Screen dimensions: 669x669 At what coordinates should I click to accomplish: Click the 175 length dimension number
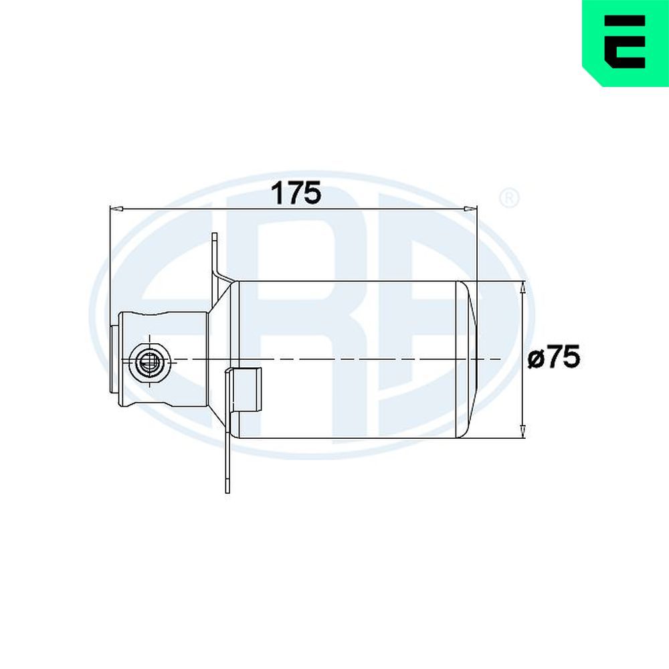(296, 193)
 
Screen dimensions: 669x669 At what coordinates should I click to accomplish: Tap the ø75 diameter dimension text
(553, 359)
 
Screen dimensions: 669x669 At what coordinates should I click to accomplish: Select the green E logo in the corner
(625, 41)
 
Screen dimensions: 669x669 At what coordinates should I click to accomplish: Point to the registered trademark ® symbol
(509, 199)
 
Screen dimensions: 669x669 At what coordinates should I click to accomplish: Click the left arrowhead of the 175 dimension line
(116, 209)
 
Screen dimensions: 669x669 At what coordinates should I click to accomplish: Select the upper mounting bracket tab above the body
(215, 254)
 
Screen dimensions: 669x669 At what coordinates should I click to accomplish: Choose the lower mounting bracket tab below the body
(227, 462)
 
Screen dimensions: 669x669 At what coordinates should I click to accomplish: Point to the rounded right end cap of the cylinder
(467, 360)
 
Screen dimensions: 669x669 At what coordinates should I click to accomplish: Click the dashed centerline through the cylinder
(334, 360)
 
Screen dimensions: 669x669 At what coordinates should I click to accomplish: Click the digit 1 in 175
(277, 193)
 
